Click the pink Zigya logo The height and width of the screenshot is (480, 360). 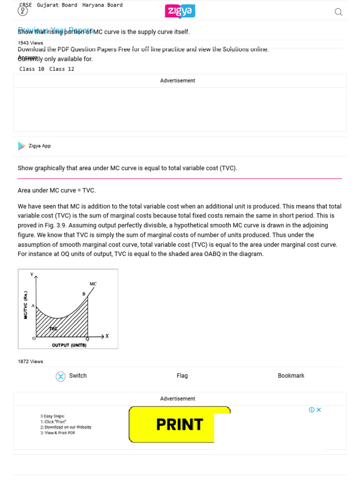[x=180, y=12]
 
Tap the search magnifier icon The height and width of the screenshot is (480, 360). [x=338, y=12]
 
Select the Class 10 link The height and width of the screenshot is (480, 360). [x=32, y=69]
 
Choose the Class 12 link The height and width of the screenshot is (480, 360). [x=61, y=69]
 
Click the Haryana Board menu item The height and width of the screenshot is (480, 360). [x=102, y=5]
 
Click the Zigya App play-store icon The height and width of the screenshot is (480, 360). [x=22, y=146]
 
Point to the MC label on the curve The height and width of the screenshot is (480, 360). [x=93, y=284]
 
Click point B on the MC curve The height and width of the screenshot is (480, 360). [x=84, y=294]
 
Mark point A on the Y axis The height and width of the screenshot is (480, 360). [x=33, y=305]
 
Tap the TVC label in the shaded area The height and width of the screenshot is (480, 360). [x=53, y=329]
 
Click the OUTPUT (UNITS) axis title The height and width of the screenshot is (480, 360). [x=69, y=345]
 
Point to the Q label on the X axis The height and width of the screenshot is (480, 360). [x=88, y=339]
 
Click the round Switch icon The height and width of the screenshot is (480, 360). [x=60, y=376]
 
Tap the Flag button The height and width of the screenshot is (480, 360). [x=182, y=375]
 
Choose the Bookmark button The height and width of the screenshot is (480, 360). [x=291, y=375]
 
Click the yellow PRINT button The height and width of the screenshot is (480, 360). [x=179, y=425]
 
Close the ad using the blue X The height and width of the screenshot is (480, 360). [x=319, y=410]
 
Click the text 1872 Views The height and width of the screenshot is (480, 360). [x=30, y=361]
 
